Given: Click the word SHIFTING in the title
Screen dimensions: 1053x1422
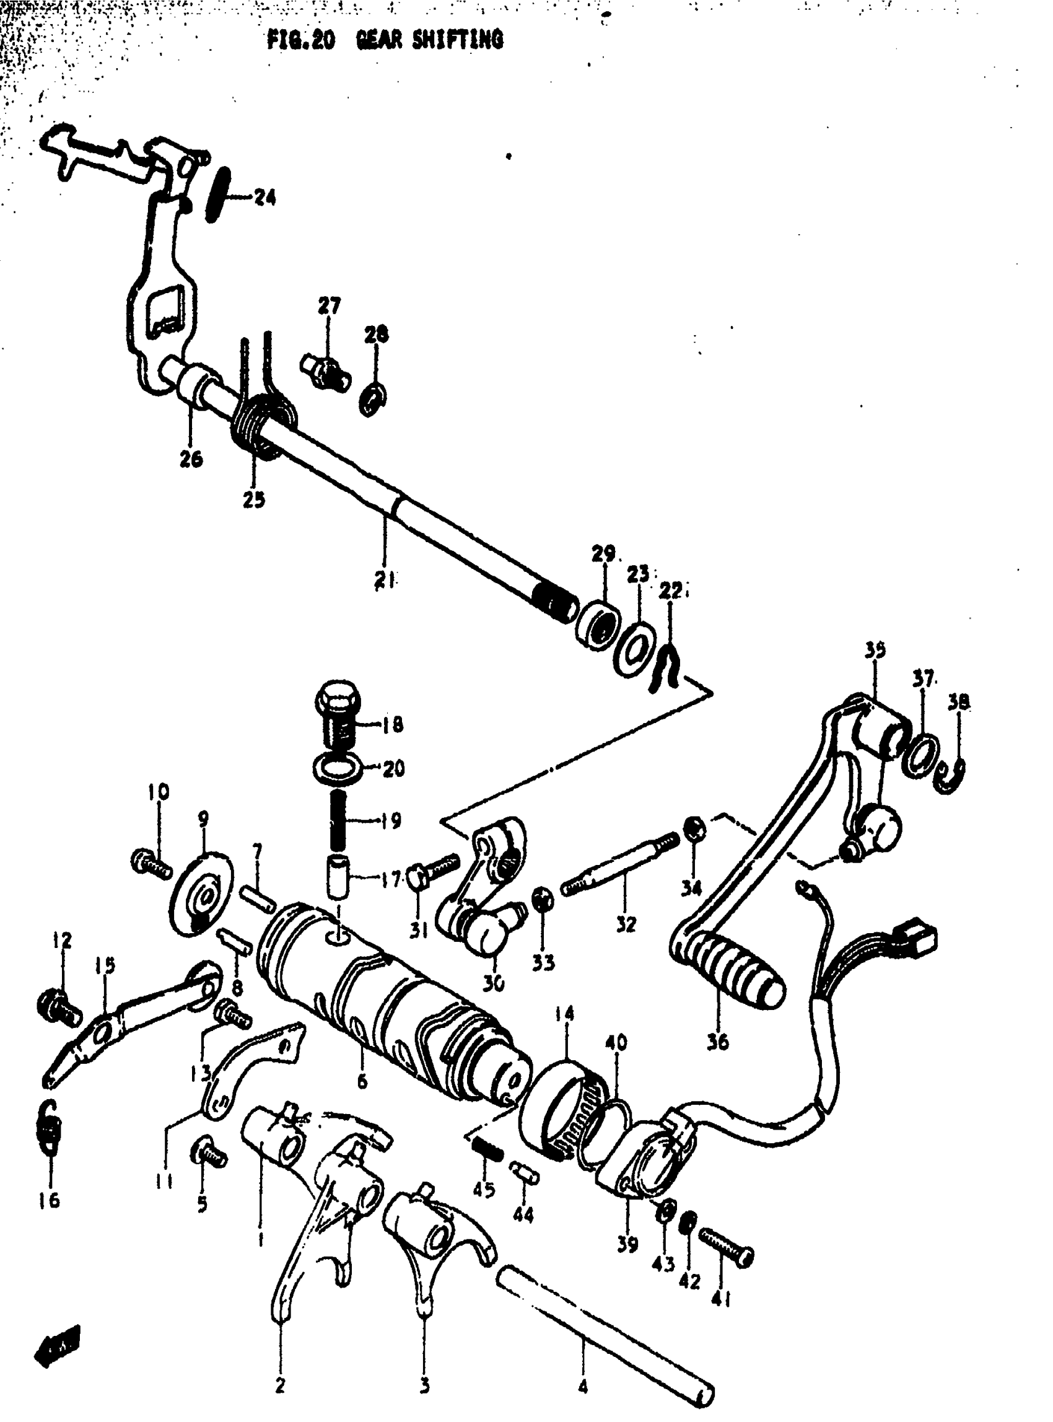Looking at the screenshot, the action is (x=457, y=40).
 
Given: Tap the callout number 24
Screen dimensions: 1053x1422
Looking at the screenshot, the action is (x=264, y=198).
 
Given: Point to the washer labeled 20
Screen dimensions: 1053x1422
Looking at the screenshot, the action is (x=338, y=766).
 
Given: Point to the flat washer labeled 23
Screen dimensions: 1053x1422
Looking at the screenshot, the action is (x=633, y=651).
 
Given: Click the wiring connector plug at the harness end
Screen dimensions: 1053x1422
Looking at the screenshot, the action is (x=920, y=939).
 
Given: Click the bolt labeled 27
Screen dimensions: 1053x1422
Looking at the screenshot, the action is (x=325, y=371).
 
